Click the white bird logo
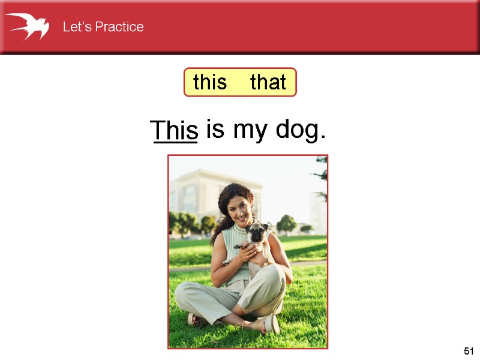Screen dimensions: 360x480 (27, 26)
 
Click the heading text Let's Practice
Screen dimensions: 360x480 (103, 27)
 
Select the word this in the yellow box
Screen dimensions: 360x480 (210, 82)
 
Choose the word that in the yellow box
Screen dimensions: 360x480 (268, 82)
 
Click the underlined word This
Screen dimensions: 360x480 (174, 130)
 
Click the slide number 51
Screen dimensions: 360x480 (469, 351)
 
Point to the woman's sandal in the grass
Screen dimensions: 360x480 (270, 324)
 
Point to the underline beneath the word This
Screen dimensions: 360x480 (175, 143)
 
